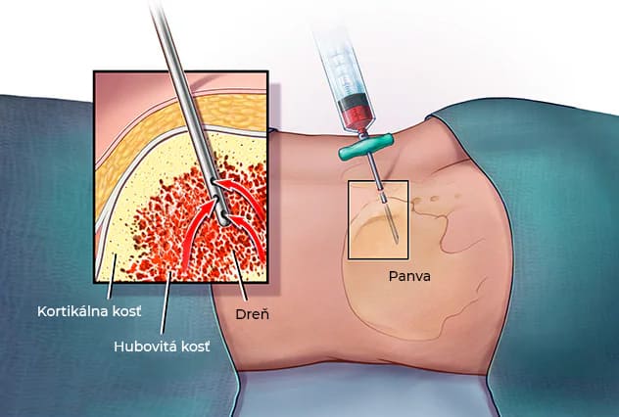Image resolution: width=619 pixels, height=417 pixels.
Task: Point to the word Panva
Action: (408, 276)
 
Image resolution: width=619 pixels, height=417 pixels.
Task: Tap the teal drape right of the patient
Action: (548, 245)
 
